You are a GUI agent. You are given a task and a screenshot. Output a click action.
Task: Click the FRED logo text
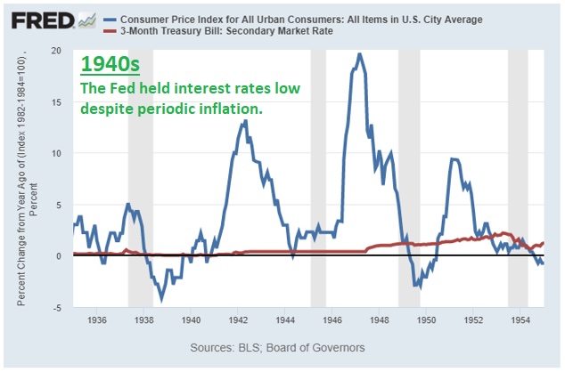coord(43,20)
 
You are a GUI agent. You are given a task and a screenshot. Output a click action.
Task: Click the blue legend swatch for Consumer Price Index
coord(110,20)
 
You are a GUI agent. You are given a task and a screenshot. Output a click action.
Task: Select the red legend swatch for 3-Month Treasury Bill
coord(110,31)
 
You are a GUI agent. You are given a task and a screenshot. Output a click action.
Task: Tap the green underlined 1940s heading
coord(110,64)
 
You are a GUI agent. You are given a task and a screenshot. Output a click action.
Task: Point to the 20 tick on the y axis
coord(56,51)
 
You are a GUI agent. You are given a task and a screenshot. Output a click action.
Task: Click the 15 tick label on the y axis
coord(56,102)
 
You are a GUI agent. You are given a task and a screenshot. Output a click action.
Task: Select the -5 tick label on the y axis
coord(56,308)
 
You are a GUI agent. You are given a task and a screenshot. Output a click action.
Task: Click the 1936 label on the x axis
coord(97,319)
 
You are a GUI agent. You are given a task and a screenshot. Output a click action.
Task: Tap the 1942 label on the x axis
coord(238,319)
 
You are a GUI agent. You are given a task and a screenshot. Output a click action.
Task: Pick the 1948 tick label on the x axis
coord(380,319)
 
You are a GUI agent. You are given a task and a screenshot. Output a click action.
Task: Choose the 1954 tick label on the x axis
coord(520,319)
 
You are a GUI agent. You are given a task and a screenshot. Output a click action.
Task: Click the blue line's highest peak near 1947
coord(359,54)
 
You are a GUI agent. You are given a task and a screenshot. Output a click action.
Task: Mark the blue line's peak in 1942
coord(245,121)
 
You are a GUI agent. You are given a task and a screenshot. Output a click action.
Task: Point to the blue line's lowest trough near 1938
coord(162,299)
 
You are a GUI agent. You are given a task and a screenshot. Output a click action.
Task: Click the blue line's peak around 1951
coord(452,159)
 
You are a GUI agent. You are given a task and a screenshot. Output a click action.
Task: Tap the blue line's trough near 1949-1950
coord(420,287)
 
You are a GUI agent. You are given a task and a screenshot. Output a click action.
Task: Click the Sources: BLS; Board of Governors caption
coord(277,348)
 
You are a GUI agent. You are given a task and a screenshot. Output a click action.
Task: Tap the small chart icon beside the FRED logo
coord(87,20)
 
